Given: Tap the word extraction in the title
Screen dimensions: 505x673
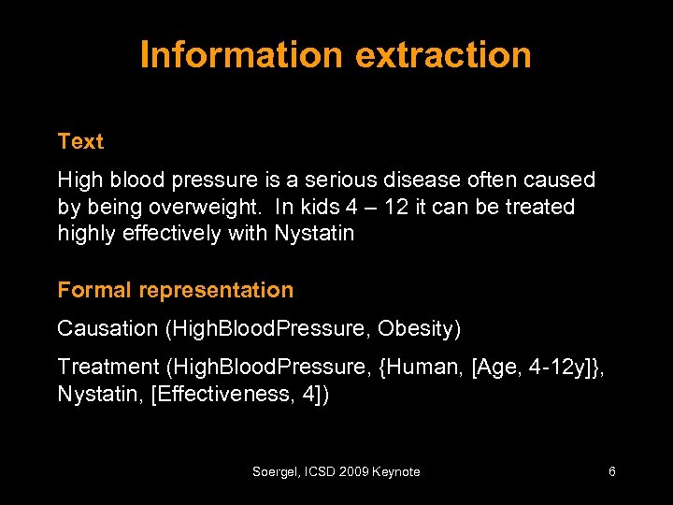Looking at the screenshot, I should [x=443, y=55].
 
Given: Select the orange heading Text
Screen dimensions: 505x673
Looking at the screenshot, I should [x=80, y=142].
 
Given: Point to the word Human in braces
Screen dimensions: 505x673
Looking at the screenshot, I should [x=435, y=367].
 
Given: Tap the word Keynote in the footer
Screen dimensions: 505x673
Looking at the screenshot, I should [x=396, y=472].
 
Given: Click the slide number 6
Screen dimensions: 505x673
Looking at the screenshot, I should [x=611, y=472].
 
